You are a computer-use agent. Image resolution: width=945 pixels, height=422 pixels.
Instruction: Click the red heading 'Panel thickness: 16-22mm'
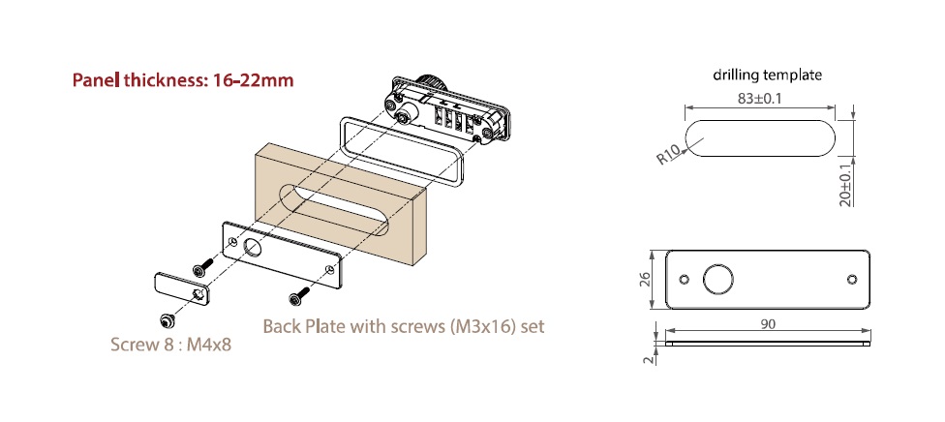(x=183, y=80)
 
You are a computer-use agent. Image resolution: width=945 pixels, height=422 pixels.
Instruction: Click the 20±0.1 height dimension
(x=846, y=181)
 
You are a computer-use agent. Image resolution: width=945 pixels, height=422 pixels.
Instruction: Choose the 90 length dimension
(x=768, y=324)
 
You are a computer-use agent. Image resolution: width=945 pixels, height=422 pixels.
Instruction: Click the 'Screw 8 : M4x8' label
(x=171, y=344)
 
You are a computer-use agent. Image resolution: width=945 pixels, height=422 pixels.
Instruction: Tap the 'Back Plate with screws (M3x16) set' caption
(x=403, y=326)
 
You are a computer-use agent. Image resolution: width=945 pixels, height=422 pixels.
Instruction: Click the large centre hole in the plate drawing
(x=718, y=280)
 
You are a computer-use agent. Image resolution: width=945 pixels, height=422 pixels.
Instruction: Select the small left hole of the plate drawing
(x=686, y=280)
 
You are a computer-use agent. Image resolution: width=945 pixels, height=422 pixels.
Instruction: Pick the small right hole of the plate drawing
(x=851, y=280)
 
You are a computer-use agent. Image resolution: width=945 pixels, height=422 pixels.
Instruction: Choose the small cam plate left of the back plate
(x=181, y=287)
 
